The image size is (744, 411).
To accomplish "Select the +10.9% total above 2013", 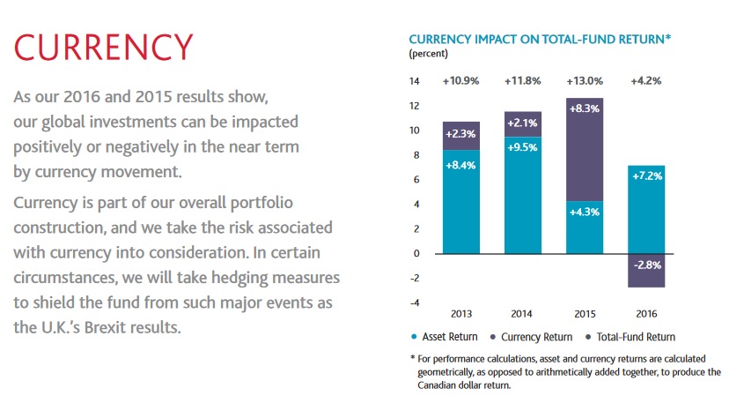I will click(461, 81).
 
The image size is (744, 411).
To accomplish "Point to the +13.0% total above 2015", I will click(584, 81).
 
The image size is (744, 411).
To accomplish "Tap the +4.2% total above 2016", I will click(645, 81).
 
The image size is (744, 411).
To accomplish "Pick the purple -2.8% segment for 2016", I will click(645, 270).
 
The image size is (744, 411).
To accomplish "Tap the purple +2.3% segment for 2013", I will click(461, 136).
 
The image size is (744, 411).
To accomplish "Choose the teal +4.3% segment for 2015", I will click(584, 228).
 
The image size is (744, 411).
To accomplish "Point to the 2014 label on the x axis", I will click(523, 313).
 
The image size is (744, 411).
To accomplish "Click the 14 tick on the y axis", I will click(416, 81).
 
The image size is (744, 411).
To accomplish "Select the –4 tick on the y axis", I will click(415, 303).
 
